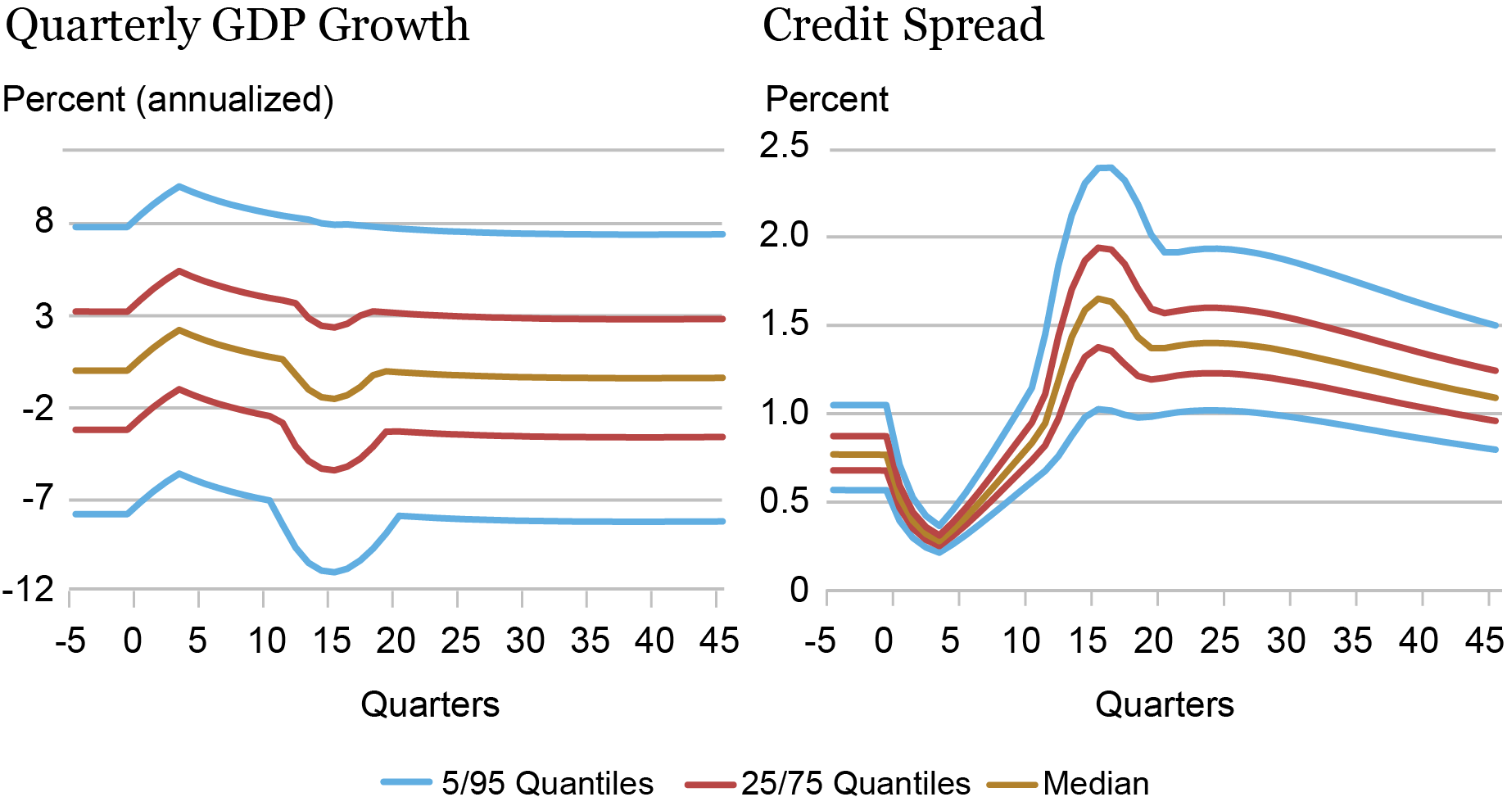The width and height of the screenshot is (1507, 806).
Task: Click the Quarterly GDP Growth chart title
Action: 238,26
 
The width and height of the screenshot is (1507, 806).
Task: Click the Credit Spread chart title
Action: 903,26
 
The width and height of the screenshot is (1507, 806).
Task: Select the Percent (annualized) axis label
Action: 168,100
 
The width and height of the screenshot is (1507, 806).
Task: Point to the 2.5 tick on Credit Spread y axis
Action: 784,147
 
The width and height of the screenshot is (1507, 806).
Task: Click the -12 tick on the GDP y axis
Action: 28,590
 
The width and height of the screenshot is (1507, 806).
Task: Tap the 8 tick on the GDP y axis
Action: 44,221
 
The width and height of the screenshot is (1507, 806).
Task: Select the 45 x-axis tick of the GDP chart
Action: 719,641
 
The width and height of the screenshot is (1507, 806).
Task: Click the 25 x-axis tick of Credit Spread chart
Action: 1220,641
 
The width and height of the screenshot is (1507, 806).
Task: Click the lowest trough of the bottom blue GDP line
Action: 333,571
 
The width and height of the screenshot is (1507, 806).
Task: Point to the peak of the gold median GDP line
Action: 179,330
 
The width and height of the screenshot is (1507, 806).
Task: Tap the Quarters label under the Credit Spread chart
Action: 1164,704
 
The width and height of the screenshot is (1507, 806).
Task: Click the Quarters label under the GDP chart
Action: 430,704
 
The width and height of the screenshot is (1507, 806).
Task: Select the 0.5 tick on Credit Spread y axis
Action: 784,501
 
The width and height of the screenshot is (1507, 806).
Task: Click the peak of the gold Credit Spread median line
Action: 1097,298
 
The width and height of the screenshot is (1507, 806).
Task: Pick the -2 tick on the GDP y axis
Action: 38,408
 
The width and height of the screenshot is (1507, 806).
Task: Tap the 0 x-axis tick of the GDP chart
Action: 133,641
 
